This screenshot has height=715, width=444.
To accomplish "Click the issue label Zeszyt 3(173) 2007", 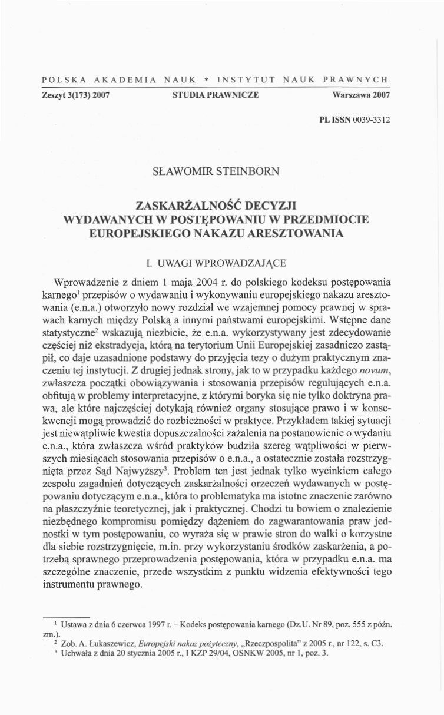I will [76, 94].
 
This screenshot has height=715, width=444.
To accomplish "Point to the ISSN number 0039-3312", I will [372, 120].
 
